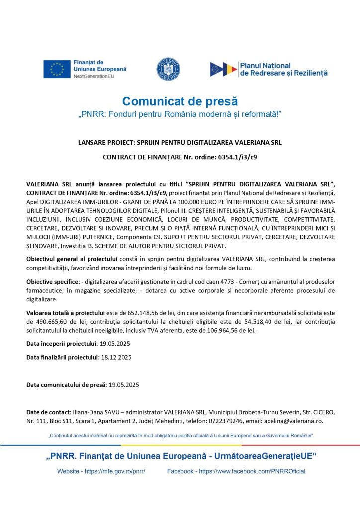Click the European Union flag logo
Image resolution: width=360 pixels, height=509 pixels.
coord(56,69)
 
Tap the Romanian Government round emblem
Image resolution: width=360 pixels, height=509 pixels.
coord(168,69)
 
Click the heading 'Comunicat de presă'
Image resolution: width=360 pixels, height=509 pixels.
coord(180,102)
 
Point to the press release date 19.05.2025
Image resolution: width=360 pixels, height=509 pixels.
coord(124,384)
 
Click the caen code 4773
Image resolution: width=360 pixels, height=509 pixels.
coord(211,282)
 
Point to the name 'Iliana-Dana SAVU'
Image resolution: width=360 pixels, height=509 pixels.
coord(94,412)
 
